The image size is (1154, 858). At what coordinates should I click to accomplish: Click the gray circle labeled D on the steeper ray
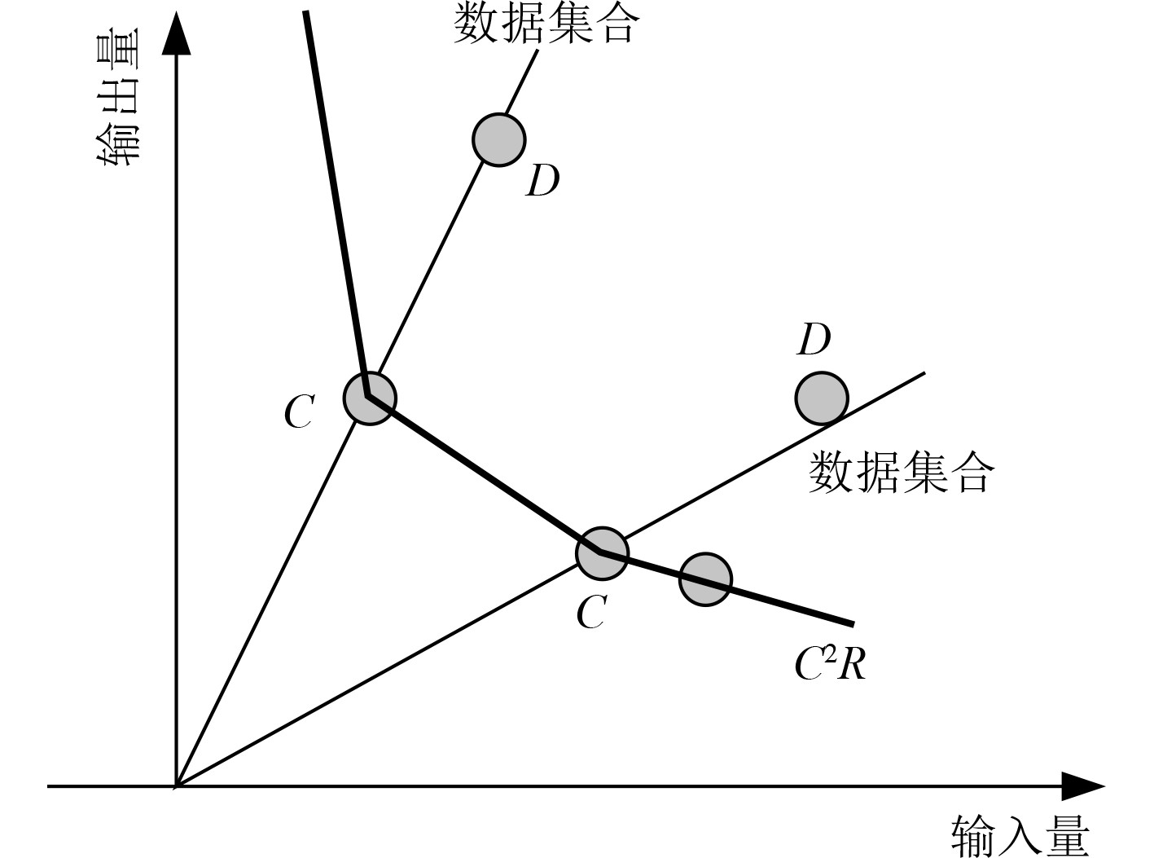tap(498, 139)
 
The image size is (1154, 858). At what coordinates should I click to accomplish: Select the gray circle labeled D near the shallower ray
tap(821, 398)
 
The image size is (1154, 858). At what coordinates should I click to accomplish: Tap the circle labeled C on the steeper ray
tap(370, 398)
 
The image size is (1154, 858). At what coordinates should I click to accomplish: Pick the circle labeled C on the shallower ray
tap(602, 553)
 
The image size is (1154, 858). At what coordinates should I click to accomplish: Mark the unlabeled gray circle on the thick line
tap(705, 579)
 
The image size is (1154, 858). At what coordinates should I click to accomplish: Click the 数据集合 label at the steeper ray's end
tap(543, 22)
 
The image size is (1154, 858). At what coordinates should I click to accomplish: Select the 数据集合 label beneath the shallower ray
tap(901, 472)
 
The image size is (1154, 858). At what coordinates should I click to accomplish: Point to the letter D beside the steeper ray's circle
tap(543, 181)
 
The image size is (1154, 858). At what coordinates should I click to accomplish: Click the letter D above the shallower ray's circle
tap(814, 339)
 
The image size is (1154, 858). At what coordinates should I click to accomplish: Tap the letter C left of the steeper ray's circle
tap(299, 412)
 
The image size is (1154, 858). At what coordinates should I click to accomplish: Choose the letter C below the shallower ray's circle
tap(591, 613)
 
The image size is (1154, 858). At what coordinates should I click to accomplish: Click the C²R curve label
tap(830, 664)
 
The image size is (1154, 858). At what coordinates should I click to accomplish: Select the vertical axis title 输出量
tap(117, 98)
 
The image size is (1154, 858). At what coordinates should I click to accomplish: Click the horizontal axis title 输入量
tap(1020, 836)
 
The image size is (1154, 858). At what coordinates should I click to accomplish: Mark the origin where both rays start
tap(176, 786)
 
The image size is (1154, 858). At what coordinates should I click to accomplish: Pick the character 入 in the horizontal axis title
tap(1020, 836)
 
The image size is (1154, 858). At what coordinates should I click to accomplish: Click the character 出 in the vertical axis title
tap(117, 97)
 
